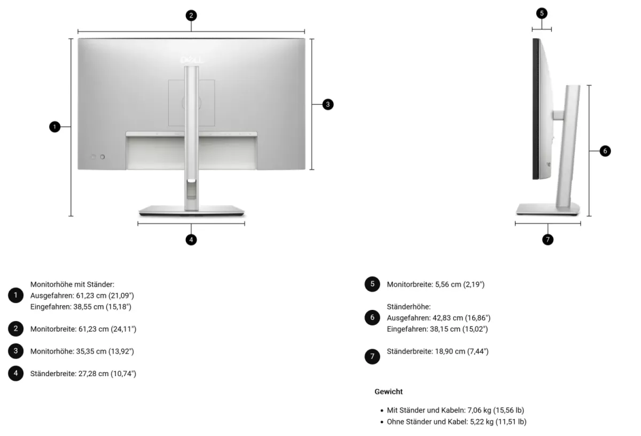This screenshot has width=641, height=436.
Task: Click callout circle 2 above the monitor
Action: (191, 15)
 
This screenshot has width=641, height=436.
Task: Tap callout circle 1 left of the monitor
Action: (54, 127)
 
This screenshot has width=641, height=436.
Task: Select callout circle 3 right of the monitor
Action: (328, 105)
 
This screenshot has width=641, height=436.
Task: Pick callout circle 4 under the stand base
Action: (191, 240)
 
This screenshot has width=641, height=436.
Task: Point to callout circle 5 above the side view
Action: (542, 13)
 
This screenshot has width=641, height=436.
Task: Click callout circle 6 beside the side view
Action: (605, 151)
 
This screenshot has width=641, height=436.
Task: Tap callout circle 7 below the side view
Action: (548, 240)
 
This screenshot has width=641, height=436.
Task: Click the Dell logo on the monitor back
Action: (191, 60)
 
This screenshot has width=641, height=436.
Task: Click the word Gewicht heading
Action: (388, 392)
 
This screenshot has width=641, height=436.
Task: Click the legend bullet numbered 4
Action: (15, 373)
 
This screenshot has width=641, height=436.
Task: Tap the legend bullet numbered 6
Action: (372, 317)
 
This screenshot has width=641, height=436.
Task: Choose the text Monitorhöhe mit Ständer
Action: (73, 285)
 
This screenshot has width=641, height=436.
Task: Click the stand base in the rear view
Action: (191, 211)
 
